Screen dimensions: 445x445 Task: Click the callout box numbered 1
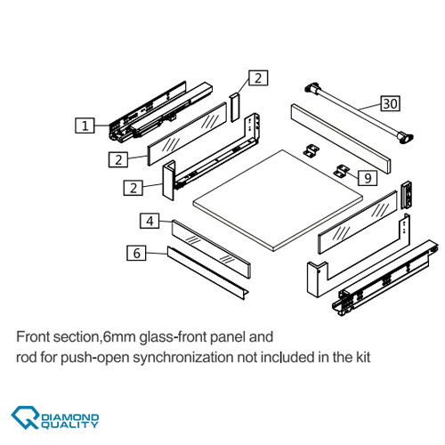coord(85,125)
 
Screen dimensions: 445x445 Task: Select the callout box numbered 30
coord(391,103)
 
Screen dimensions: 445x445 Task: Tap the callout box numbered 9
coord(368,178)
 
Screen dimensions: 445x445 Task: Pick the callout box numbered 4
coord(150,221)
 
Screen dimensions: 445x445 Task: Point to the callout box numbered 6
coord(136,253)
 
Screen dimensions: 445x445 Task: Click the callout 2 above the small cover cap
coord(258,78)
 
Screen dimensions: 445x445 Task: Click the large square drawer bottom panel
coord(278,200)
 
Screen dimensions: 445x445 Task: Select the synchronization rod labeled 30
coord(360,114)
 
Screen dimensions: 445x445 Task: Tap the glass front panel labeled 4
coord(211,248)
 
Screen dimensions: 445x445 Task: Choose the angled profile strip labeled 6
coord(207,273)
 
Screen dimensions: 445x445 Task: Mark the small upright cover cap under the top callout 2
coord(235,108)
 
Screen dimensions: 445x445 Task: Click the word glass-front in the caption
coord(174,337)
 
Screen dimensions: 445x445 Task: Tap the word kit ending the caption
coord(364,357)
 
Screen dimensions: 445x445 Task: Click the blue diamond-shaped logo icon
coord(25,417)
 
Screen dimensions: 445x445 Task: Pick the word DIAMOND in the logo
coord(70,417)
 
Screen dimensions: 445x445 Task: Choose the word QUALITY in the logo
coord(69,425)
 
